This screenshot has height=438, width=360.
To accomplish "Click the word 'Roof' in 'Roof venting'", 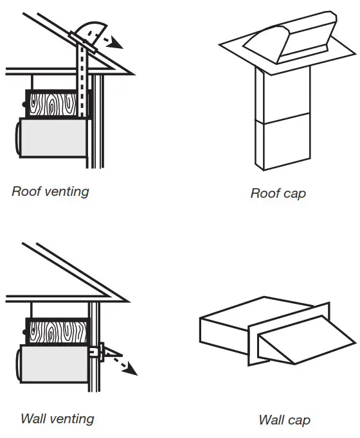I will (25, 191).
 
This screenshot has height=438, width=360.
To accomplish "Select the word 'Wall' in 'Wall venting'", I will (33, 419).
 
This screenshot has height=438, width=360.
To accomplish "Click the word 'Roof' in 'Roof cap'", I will (264, 193).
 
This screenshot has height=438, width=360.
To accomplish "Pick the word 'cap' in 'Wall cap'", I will (298, 421).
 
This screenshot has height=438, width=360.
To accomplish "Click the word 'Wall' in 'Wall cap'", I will (271, 421).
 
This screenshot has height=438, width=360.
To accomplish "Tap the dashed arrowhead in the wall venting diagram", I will (132, 370).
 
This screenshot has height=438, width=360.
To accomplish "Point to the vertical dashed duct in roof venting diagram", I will (82, 83).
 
